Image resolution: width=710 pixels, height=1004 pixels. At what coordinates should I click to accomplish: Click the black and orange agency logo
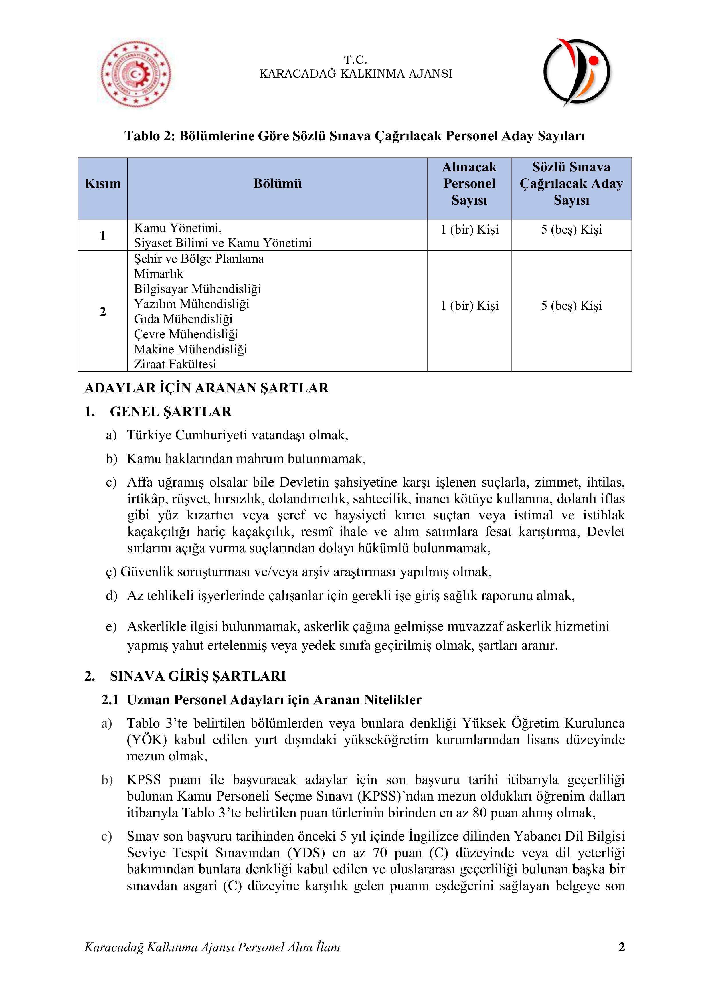point(576,72)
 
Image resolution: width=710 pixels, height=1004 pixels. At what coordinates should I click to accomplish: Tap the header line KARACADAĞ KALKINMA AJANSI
point(355,74)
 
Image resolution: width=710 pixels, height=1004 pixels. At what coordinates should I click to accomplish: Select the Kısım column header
point(103,184)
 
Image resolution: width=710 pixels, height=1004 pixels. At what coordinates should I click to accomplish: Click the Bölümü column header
point(277,184)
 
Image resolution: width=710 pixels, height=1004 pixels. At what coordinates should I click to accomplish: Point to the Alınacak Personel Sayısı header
point(469,184)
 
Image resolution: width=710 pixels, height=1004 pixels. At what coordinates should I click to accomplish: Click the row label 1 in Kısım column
point(103,236)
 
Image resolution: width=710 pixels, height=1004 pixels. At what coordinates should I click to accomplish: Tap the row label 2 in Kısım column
point(103,312)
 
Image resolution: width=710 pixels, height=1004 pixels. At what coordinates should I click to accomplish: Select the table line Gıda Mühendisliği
point(183,319)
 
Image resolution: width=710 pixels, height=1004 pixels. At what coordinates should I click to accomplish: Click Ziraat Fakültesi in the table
point(175,364)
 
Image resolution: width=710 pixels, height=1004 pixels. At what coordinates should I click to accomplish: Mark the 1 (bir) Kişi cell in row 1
point(469,230)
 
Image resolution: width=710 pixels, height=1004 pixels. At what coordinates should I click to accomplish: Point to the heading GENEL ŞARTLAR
point(171,412)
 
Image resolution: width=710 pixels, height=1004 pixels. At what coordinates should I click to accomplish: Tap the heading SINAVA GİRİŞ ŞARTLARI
point(198,676)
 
